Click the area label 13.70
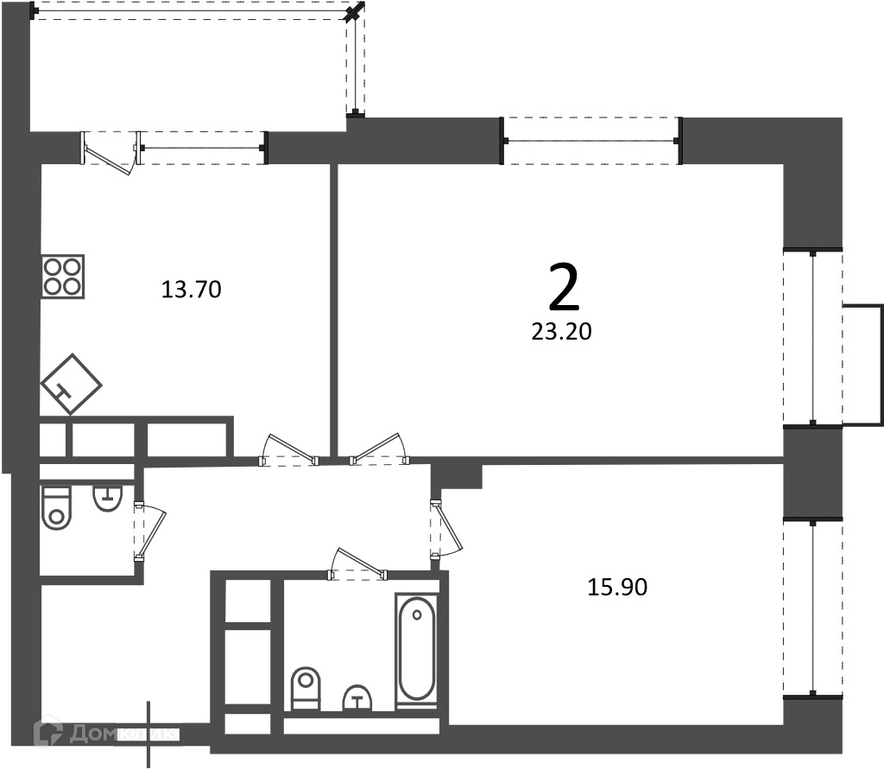coord(191,290)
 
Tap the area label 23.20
coord(561,331)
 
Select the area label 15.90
coord(617,587)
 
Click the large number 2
coord(564,289)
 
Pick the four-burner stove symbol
coord(63,277)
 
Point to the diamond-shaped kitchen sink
coord(71,385)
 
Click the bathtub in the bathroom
coord(417,651)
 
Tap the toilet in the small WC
coord(56,508)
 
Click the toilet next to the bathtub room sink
coord(306,689)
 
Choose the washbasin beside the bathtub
coord(358,698)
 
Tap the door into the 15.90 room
coord(445,529)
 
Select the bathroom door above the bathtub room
coord(358,563)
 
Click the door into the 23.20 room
coord(380,449)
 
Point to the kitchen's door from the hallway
coord(288,449)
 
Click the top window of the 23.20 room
coord(592,141)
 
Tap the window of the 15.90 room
coord(813,608)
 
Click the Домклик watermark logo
coord(104,733)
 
